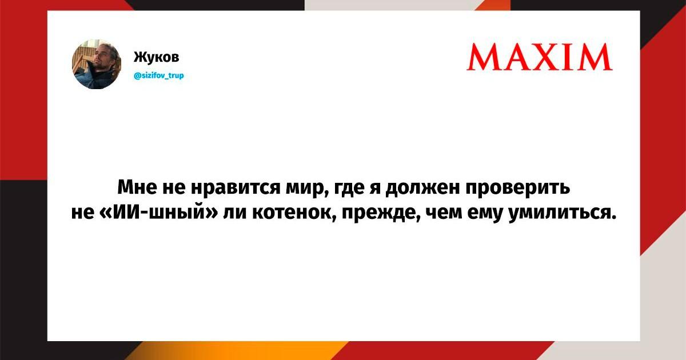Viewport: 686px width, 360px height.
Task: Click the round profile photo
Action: [x=97, y=64]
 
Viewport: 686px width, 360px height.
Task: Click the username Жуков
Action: [x=156, y=57]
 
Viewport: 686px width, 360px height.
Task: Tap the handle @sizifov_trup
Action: [x=159, y=75]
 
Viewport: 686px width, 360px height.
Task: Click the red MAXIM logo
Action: [x=540, y=57]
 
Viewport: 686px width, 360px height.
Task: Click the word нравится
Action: [x=236, y=187]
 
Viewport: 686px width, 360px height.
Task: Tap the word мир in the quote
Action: [x=305, y=188]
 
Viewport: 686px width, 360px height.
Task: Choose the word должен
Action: [x=422, y=187]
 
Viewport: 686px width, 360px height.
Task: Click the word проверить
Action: [x=518, y=187]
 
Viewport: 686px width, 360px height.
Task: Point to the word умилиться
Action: [x=563, y=212]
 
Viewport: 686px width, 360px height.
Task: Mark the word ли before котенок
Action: [x=234, y=213]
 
